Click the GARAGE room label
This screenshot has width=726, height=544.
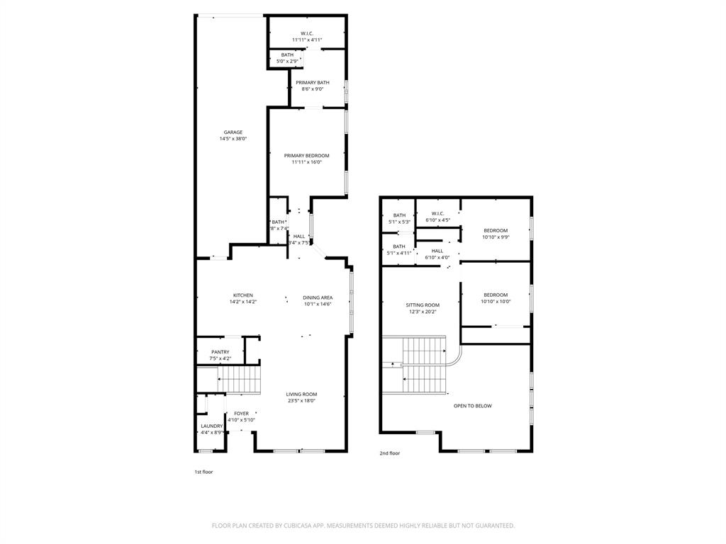(233, 132)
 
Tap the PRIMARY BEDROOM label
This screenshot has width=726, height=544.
(307, 156)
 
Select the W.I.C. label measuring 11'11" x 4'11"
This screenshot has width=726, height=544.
(307, 33)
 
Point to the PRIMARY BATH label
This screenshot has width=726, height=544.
(313, 83)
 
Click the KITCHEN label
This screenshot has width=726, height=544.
(243, 295)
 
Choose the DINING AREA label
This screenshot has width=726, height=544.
(318, 297)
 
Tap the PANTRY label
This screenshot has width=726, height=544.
(220, 352)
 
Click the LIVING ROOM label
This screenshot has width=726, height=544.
(301, 395)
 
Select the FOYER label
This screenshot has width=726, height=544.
(242, 414)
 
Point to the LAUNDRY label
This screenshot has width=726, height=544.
(212, 426)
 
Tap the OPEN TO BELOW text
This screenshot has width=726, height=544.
(473, 406)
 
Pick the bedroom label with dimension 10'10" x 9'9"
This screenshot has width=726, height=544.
(496, 230)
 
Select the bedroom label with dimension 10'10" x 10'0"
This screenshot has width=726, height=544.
(496, 295)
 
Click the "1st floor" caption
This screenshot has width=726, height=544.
(203, 472)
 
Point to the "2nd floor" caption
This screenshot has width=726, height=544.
(390, 453)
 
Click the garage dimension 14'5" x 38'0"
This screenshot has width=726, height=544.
(233, 139)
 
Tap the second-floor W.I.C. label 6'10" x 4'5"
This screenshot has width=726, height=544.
(437, 214)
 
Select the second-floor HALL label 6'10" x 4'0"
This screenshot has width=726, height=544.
(437, 251)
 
